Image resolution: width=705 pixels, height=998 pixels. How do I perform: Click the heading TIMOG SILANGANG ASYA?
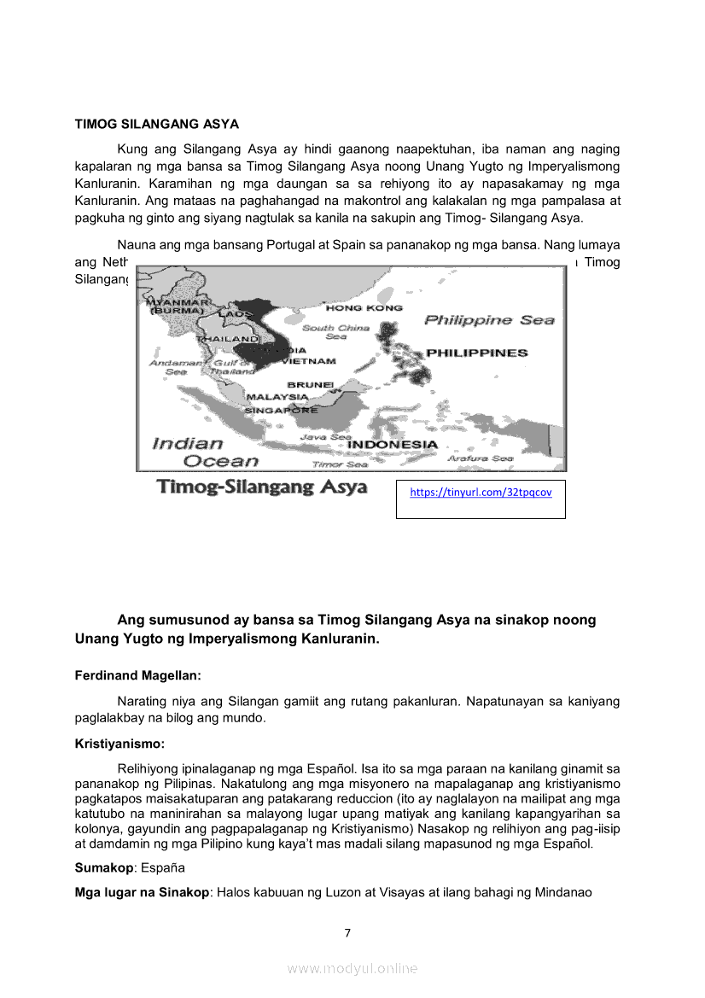pyautogui.click(x=156, y=124)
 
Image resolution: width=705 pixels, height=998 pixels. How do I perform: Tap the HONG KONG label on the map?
pyautogui.click(x=352, y=307)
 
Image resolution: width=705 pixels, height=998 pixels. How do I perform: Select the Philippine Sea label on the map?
pyautogui.click(x=489, y=320)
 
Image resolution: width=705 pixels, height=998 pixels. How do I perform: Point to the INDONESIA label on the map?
pyautogui.click(x=393, y=445)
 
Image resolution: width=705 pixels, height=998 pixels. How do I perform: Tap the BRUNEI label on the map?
pyautogui.click(x=310, y=385)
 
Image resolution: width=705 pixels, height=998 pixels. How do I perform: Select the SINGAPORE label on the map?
pyautogui.click(x=282, y=410)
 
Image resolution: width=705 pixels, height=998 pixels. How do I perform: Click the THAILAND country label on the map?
pyautogui.click(x=228, y=339)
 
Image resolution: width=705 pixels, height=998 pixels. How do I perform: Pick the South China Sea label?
pyautogui.click(x=335, y=331)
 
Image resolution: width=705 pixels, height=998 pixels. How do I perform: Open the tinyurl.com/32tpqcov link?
pyautogui.click(x=481, y=493)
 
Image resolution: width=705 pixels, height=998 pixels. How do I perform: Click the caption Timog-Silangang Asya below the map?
pyautogui.click(x=262, y=487)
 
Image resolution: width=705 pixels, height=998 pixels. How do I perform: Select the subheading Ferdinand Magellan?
pyautogui.click(x=138, y=675)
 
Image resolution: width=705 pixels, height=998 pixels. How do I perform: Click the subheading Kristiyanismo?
pyautogui.click(x=119, y=744)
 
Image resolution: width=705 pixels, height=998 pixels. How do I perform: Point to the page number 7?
pyautogui.click(x=347, y=933)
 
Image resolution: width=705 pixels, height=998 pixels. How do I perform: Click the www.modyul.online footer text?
pyautogui.click(x=352, y=968)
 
